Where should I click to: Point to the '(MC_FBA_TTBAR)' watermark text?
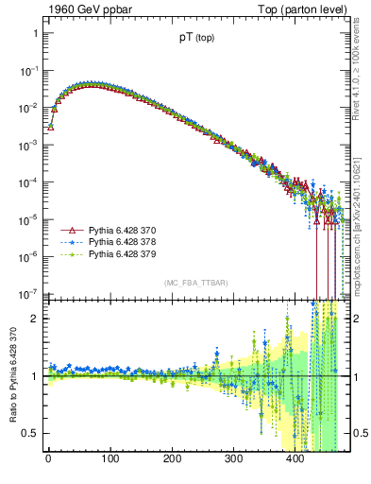coord(195,283)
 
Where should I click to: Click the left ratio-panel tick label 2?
coord(35,319)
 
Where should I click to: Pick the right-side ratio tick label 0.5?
coord(356,433)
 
